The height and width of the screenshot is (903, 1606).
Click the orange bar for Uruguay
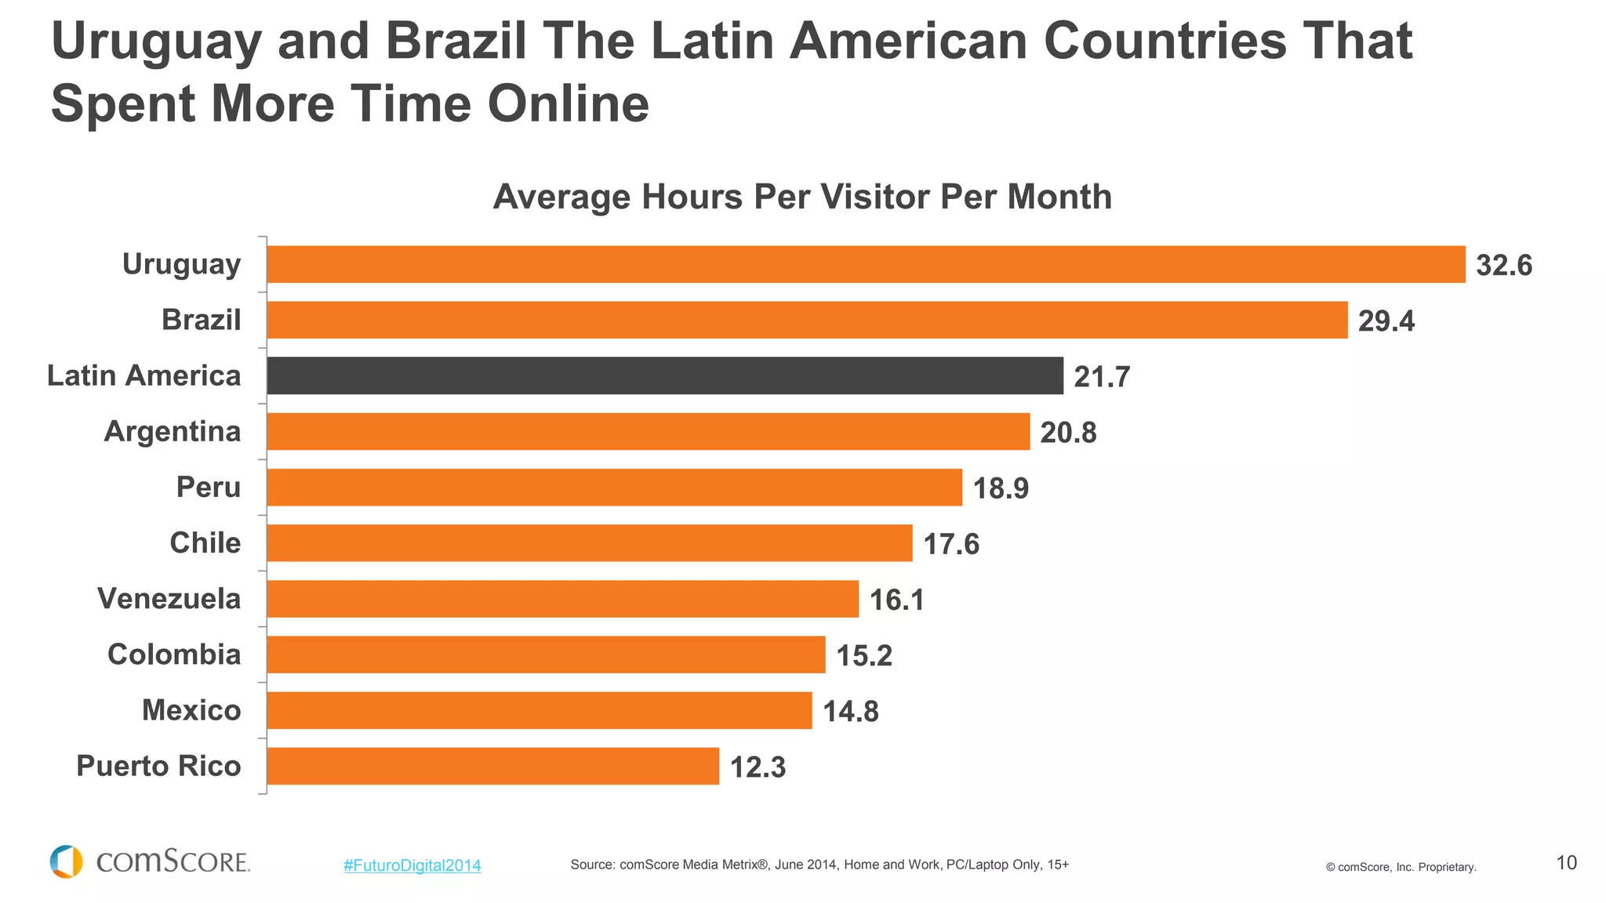click(866, 264)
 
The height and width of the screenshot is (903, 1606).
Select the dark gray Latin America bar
click(665, 375)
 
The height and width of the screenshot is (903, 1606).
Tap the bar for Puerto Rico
click(492, 766)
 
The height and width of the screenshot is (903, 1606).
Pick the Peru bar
click(614, 487)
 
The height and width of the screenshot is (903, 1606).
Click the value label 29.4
click(1386, 321)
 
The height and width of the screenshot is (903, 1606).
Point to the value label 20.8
click(1068, 433)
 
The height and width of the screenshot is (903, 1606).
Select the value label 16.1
click(896, 600)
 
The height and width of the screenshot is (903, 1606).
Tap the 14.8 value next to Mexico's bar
click(850, 712)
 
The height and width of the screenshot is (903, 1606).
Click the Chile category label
click(205, 542)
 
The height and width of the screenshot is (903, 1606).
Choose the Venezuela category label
click(169, 599)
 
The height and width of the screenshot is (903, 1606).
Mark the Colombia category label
click(174, 655)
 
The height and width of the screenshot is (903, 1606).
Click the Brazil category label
click(202, 320)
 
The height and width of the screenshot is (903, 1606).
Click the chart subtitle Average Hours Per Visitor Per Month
click(802, 197)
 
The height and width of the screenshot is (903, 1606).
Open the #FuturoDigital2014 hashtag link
click(412, 865)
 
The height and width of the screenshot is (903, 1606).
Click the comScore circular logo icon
click(67, 861)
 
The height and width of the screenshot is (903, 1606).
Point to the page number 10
click(1566, 863)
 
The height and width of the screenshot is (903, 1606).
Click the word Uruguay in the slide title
click(156, 43)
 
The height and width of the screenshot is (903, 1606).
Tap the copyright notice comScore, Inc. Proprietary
click(1401, 867)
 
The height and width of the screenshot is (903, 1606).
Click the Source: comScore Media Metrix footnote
click(819, 865)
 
